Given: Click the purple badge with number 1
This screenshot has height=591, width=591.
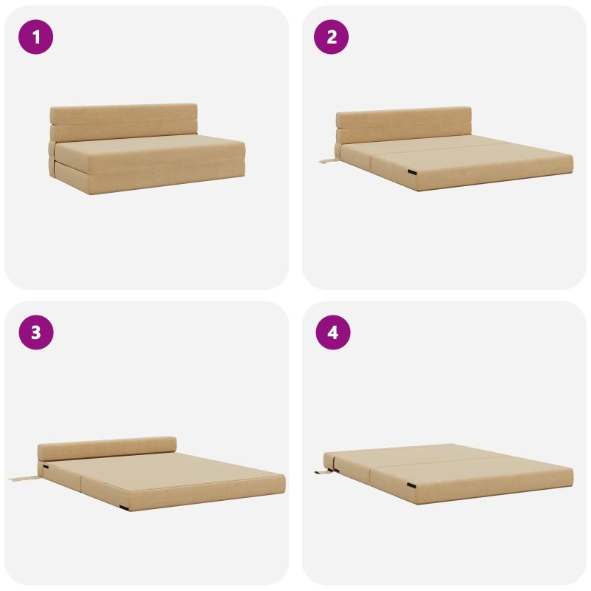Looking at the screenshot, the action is point(35,37).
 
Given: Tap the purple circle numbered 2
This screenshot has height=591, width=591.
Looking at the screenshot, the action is point(331,37).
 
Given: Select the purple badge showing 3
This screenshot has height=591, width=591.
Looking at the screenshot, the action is point(35,332).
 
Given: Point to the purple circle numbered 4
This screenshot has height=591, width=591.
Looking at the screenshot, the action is point(333,332).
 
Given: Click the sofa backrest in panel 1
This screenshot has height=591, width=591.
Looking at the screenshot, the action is point(123,122).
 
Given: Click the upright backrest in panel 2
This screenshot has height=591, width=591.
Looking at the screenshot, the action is point(403,125).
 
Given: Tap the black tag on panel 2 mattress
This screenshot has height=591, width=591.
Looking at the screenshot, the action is point(411,172).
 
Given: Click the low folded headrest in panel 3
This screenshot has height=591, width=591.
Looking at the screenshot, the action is point(107,448).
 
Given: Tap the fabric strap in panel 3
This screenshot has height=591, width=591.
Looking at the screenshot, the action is point(24,479).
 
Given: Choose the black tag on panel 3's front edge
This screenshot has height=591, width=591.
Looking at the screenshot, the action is point(123,508).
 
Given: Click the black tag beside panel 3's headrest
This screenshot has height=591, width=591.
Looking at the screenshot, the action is point(46,467).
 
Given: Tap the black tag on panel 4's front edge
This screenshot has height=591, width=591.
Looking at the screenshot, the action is point(411,485).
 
